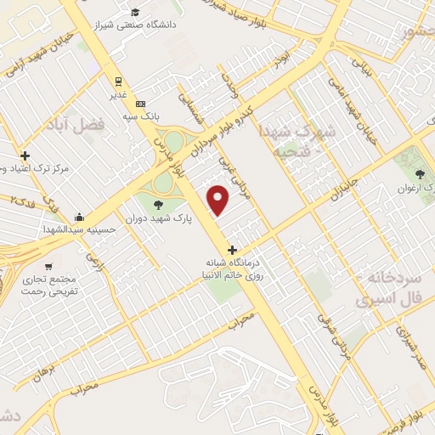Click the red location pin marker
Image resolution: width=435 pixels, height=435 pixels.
click(219, 201)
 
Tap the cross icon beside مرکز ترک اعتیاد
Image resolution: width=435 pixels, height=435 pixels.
click(25, 155)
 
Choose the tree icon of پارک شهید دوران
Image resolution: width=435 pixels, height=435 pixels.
click(157, 204)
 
